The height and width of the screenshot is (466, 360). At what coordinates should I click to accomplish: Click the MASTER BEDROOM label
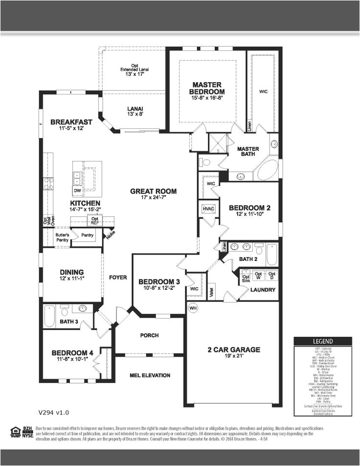[x=208, y=88]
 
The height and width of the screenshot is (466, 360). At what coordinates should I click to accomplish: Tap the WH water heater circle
[x=193, y=308]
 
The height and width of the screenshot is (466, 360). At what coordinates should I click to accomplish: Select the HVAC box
[x=208, y=209]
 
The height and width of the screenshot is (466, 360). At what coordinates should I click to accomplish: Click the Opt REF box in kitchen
[x=95, y=221]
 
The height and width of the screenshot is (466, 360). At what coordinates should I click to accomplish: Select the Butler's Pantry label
[x=62, y=237]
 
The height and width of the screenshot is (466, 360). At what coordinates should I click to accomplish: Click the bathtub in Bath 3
[x=49, y=316]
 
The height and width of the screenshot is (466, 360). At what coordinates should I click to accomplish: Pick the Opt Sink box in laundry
[x=246, y=277]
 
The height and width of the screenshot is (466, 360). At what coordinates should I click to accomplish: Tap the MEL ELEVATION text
[x=150, y=375]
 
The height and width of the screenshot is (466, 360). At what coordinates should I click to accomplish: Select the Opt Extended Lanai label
[x=134, y=70]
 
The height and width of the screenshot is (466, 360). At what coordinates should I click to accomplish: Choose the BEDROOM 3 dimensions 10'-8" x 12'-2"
[x=159, y=288]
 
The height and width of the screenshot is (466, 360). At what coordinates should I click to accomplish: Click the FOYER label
[x=118, y=277]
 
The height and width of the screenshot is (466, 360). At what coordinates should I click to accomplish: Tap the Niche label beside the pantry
[x=110, y=235]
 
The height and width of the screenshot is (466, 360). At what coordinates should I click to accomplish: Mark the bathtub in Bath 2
[x=271, y=254]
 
